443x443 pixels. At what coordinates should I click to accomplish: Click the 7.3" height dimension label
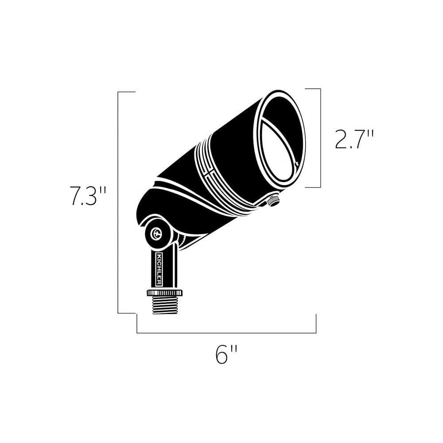pos(88,196)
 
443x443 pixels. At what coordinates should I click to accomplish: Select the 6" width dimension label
pos(227,354)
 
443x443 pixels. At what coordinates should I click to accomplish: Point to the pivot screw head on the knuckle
pos(156,233)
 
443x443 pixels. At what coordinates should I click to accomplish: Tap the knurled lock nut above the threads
pos(164,293)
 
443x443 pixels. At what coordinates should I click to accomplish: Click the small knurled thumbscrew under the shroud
pos(273,202)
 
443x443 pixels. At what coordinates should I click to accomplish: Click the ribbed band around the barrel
pos(221,177)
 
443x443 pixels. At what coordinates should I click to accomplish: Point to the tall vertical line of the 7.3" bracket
pos(118,202)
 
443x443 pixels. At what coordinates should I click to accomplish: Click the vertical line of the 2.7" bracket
pos(320,138)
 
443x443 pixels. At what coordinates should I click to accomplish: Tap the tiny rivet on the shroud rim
pos(297,164)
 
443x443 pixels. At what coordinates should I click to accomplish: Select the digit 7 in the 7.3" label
pos(76,196)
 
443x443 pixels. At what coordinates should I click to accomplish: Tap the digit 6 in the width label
pos(222,354)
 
